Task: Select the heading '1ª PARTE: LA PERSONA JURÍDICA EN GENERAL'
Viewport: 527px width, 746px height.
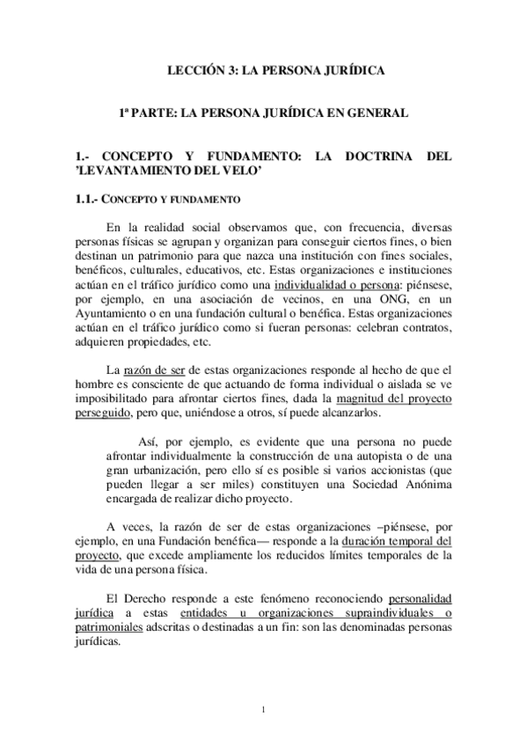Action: tap(264, 113)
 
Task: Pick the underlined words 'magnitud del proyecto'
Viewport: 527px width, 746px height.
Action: tap(394, 398)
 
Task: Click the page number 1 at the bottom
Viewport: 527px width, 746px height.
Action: tap(264, 708)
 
